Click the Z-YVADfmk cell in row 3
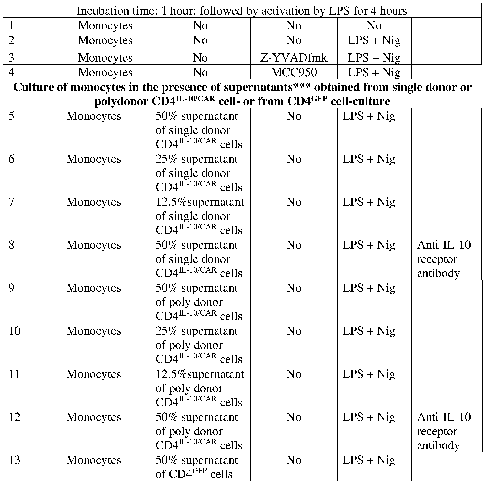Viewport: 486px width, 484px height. coord(294,58)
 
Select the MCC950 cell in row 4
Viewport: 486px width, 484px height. coord(294,72)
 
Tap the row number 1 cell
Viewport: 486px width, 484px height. coord(11,25)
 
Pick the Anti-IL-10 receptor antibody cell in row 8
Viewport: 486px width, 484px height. coord(444,259)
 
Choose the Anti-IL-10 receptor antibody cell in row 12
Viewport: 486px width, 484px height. coord(444,431)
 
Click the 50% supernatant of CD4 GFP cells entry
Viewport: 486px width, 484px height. coord(197,467)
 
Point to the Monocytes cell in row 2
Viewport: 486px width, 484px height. coord(105,40)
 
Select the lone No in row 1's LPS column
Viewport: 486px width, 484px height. coord(374,25)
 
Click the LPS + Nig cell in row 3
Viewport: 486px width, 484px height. coord(374,58)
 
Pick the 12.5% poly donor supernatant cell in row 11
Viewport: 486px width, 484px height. coord(199,388)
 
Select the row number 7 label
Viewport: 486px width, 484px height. coord(11,202)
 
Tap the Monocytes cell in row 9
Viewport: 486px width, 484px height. coord(94,288)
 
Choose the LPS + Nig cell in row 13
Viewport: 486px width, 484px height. coord(368,460)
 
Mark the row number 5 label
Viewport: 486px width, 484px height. coord(11,116)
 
